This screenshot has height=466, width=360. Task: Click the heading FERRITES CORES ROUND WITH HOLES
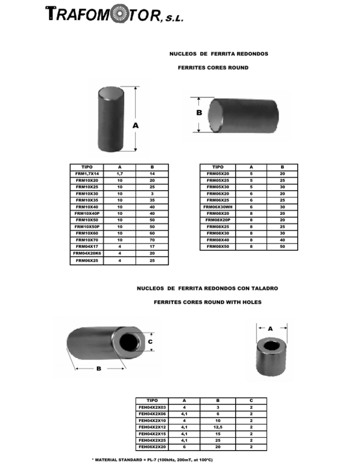(x=208, y=302)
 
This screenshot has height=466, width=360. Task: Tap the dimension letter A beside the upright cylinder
(x=135, y=126)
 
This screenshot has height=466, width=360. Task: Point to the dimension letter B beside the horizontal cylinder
(x=199, y=113)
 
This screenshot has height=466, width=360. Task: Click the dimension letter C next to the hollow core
(x=150, y=342)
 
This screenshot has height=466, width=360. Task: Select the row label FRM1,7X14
(x=87, y=173)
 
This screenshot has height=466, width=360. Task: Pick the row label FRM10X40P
(x=87, y=213)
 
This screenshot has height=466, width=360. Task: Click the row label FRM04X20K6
(x=87, y=253)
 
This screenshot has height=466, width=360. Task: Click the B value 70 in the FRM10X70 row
(x=151, y=240)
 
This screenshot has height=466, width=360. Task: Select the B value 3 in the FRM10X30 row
(x=151, y=193)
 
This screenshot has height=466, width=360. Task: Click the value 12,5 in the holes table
(x=217, y=427)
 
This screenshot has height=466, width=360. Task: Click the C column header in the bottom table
(x=251, y=401)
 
